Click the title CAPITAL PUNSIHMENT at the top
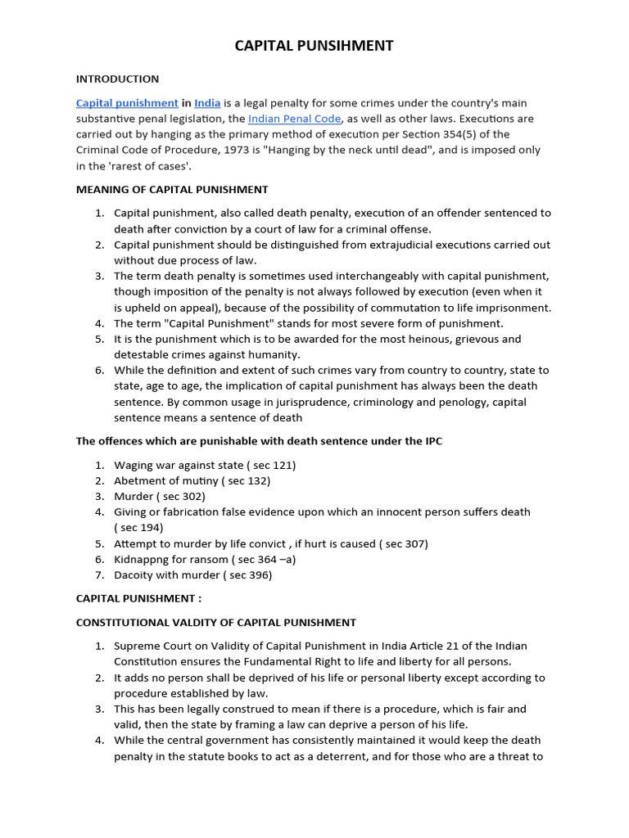click(314, 46)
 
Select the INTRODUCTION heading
click(117, 79)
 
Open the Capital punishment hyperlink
click(127, 103)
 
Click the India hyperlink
click(207, 103)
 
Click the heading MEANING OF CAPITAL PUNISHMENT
click(172, 190)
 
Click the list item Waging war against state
click(205, 465)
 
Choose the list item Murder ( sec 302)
click(160, 496)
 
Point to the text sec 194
click(142, 528)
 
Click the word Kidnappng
click(143, 559)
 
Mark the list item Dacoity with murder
click(192, 574)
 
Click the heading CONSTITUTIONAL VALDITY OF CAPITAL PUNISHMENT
click(216, 623)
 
